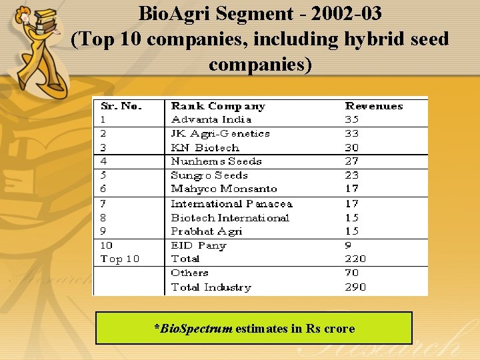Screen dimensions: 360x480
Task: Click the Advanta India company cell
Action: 211,119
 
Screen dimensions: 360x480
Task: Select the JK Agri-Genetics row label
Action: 220,133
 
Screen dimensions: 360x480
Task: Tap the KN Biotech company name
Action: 205,147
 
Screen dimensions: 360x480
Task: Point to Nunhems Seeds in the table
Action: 216,161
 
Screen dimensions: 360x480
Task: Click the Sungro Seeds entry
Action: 209,175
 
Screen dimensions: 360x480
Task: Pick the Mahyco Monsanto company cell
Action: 223,189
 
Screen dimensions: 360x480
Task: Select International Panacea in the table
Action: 231,204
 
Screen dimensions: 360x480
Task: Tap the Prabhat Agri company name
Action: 206,231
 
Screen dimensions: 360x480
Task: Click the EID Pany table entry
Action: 198,245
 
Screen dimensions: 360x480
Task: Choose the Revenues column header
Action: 373,106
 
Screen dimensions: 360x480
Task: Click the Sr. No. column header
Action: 121,106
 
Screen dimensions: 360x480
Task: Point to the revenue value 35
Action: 351,119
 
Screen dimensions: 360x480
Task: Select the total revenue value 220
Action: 355,259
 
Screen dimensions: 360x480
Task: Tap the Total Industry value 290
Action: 355,287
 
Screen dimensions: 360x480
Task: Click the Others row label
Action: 189,273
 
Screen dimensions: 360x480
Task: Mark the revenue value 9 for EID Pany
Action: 348,245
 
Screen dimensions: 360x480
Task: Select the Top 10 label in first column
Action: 120,259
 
